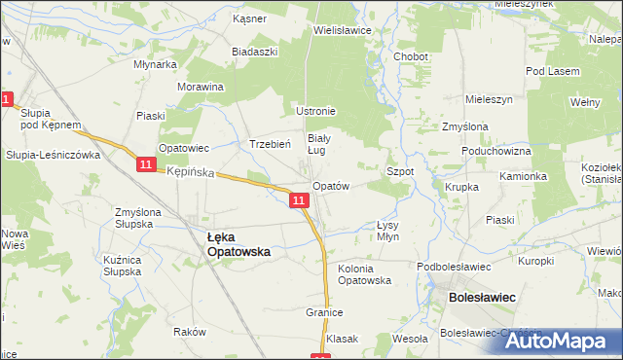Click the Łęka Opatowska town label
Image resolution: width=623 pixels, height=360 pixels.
pyautogui.click(x=238, y=243)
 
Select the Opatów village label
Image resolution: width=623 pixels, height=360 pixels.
pyautogui.click(x=330, y=186)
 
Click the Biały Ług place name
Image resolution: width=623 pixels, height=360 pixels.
pyautogui.click(x=322, y=144)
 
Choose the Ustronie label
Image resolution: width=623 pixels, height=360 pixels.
pyautogui.click(x=315, y=111)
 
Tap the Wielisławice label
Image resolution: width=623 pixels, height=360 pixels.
pyautogui.click(x=343, y=30)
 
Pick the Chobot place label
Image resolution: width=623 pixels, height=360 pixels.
pyautogui.click(x=411, y=57)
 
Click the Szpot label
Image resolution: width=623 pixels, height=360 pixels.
pyautogui.click(x=401, y=171)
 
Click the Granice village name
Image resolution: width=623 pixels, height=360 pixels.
pyautogui.click(x=326, y=313)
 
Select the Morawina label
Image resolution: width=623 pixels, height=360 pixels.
pyautogui.click(x=201, y=87)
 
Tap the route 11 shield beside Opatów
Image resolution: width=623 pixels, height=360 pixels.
pyautogui.click(x=299, y=200)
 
